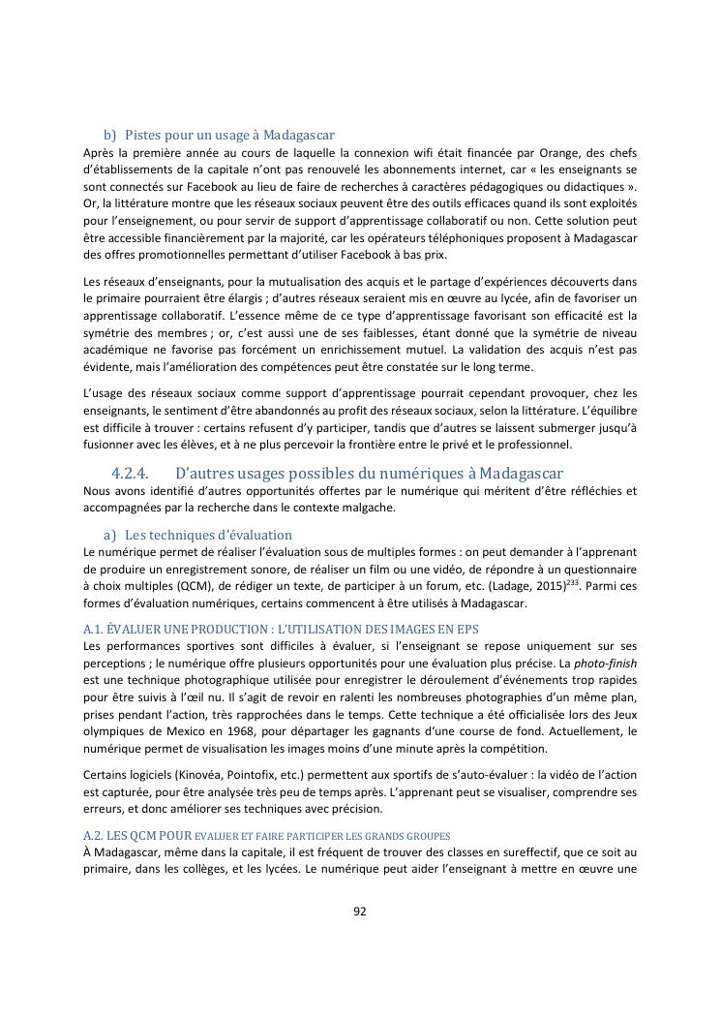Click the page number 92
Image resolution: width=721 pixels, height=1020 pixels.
359,911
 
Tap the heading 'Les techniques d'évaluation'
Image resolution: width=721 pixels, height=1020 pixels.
208,535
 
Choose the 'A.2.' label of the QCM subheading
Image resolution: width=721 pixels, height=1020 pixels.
96,835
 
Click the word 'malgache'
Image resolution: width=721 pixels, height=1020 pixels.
369,508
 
